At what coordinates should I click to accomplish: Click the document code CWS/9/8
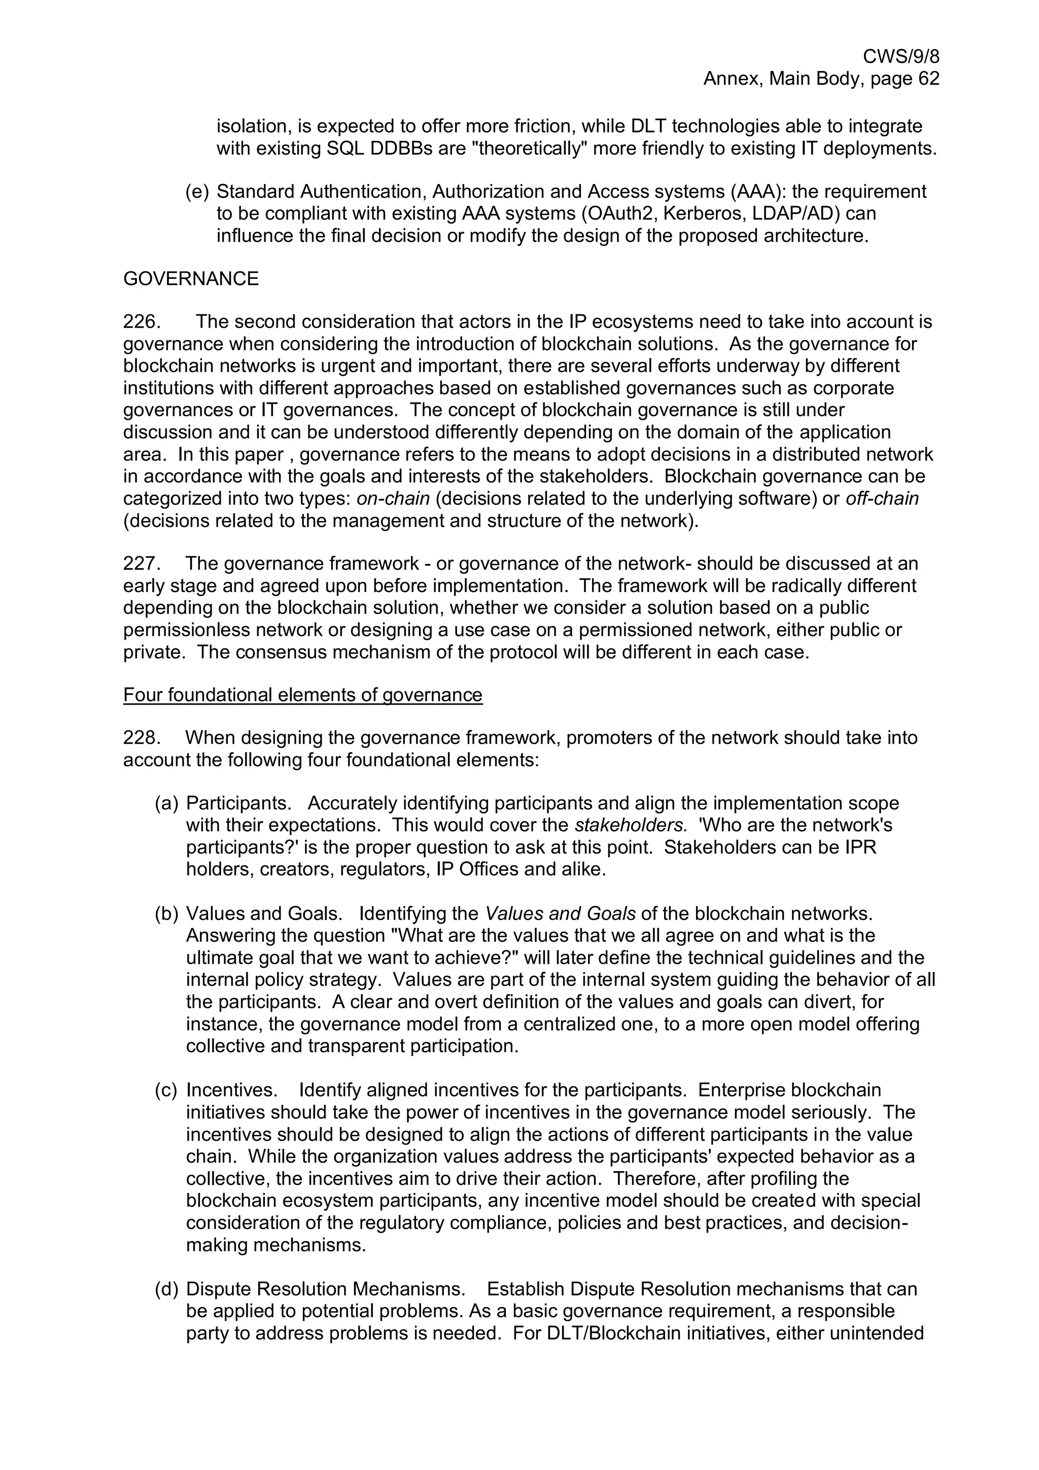(x=901, y=56)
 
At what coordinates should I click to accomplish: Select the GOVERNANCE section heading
(x=191, y=278)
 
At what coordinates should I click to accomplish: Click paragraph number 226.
(x=141, y=322)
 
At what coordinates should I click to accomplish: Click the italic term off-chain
(x=882, y=498)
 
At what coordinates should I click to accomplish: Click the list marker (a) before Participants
(x=166, y=803)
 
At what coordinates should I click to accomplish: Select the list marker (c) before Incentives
(x=166, y=1090)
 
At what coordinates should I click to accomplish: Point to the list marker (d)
(x=166, y=1288)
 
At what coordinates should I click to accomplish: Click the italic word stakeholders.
(x=631, y=825)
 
